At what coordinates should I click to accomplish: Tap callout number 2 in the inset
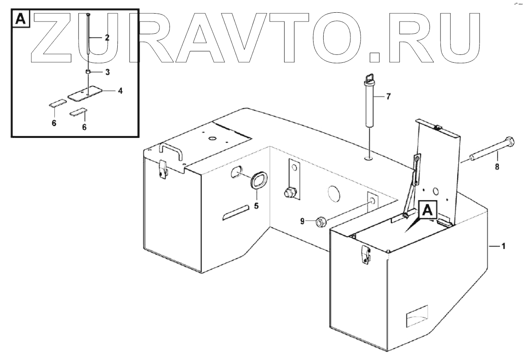107,37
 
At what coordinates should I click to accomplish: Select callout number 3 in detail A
107,71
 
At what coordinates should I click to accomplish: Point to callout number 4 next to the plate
120,91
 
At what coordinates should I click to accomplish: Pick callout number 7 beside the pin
388,97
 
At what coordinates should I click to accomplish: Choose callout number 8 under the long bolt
497,167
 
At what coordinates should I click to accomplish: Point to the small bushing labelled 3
88,72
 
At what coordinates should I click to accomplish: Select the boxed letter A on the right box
428,210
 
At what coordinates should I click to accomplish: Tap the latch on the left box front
163,169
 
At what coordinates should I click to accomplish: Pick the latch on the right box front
365,254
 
